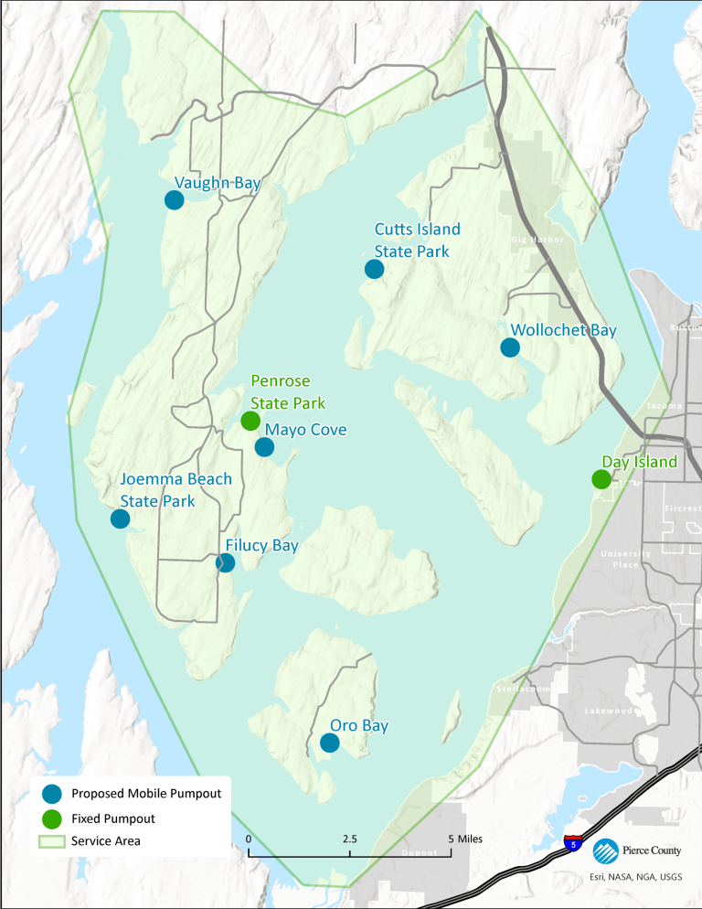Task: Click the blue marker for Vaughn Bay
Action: (x=175, y=199)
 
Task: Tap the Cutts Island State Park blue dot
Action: (x=374, y=268)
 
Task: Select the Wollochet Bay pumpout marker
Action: (x=510, y=348)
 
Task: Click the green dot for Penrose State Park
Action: (x=250, y=421)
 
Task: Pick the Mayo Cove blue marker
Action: (x=264, y=446)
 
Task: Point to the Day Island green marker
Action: (x=601, y=478)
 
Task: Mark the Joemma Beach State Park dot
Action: (x=120, y=519)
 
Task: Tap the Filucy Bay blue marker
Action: (x=225, y=562)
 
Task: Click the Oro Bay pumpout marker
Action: (x=330, y=743)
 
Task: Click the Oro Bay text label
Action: (x=359, y=726)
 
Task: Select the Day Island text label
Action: (x=639, y=462)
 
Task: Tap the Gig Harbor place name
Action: (x=537, y=240)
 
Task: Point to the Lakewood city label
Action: (x=610, y=711)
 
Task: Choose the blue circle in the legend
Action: (x=51, y=793)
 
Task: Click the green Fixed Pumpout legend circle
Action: (x=51, y=818)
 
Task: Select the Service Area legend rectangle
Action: (x=51, y=840)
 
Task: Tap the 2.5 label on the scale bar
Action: (x=349, y=839)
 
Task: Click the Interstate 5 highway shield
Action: (x=573, y=843)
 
